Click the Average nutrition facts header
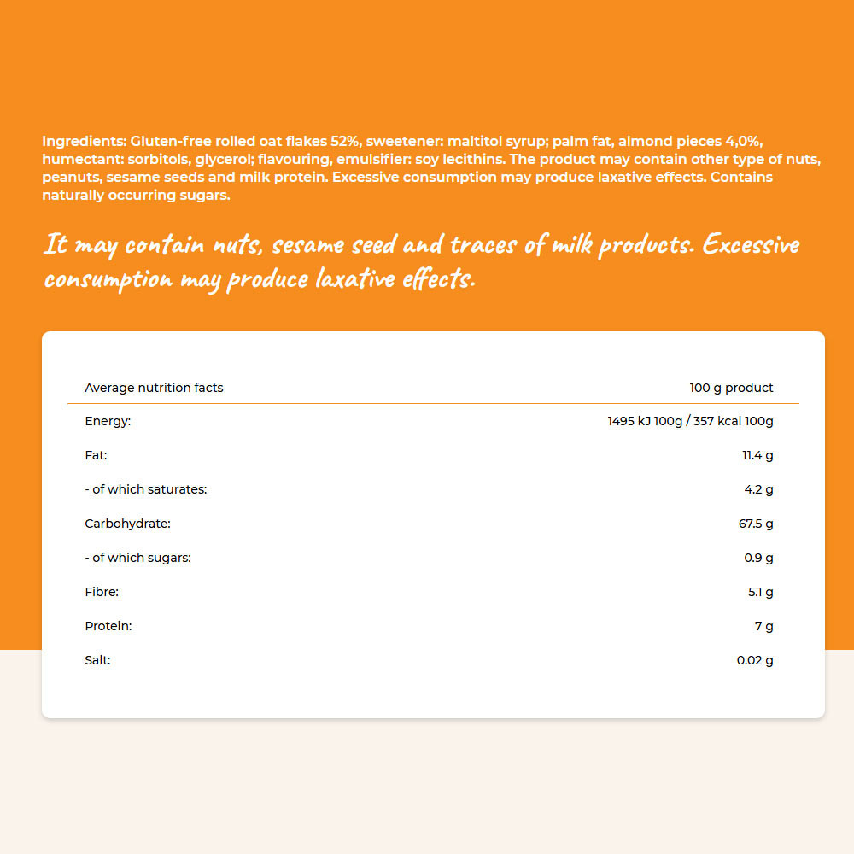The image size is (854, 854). point(154,388)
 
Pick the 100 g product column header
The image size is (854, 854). point(731,388)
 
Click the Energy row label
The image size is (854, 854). point(108,421)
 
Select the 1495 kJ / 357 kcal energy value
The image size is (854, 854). point(690,421)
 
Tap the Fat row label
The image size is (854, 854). point(96,455)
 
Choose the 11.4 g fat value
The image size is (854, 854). point(757,455)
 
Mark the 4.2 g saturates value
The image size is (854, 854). point(759,489)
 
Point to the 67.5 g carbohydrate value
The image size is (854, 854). point(756,524)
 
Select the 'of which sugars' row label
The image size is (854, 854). point(137,558)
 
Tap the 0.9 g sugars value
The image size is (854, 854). point(759,558)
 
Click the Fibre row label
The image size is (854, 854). point(102,592)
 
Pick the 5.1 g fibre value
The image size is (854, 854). point(759,592)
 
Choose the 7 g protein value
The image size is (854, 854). point(765,626)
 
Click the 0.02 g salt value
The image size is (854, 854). point(755,660)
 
